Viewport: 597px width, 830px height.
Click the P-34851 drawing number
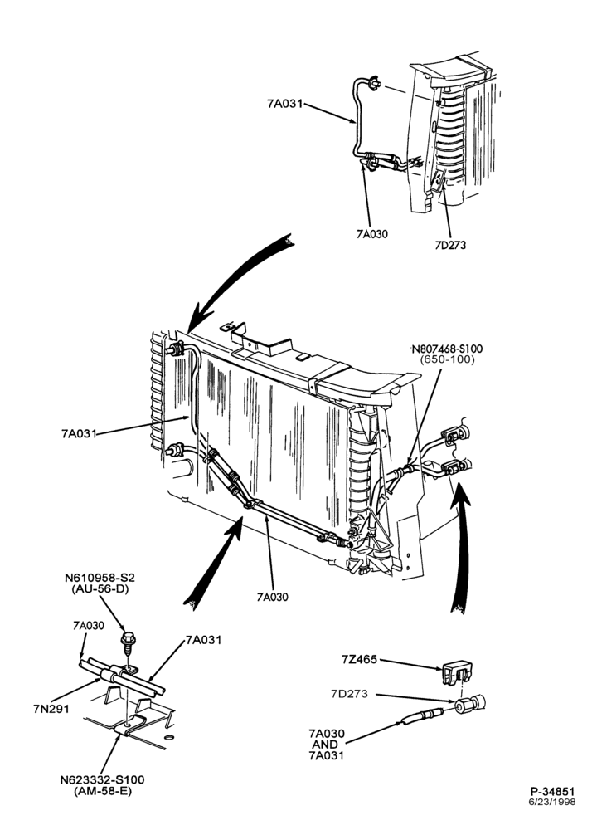552,791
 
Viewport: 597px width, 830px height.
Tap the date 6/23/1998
552,802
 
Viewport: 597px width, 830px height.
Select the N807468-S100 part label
447,349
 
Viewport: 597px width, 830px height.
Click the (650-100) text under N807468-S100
448,359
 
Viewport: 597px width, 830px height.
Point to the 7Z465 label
360,660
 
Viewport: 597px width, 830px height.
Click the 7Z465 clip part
456,672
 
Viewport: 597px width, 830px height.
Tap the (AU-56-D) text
99,588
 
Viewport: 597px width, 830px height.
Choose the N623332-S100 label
101,780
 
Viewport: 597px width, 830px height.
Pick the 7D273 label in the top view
450,245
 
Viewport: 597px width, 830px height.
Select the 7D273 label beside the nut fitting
350,694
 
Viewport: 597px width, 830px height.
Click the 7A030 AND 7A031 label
326,745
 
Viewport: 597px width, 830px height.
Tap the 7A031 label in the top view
285,104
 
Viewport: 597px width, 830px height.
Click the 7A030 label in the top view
371,233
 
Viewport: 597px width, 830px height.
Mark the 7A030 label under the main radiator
272,597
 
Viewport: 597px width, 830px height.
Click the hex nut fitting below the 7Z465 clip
468,704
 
